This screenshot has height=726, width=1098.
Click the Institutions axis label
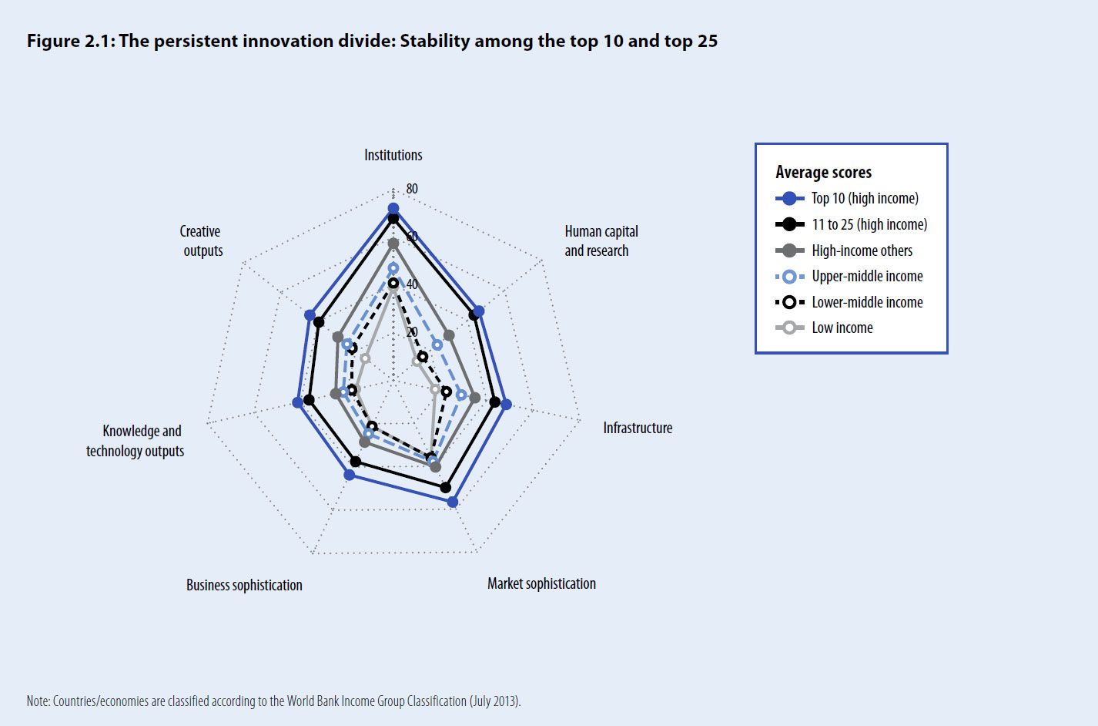click(393, 155)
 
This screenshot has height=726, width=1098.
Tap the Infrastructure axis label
click(638, 428)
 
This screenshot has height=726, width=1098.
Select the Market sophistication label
click(541, 583)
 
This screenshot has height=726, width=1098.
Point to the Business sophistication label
click(244, 585)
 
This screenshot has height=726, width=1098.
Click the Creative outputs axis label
click(202, 240)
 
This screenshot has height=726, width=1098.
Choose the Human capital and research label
click(601, 240)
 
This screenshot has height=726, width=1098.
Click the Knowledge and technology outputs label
click(136, 441)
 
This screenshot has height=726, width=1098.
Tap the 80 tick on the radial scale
click(412, 189)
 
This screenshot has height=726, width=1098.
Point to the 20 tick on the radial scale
click(412, 332)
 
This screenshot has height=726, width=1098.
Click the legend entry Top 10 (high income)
click(865, 198)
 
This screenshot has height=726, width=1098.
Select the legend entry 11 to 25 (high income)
click(869, 224)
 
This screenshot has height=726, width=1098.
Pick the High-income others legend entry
click(862, 250)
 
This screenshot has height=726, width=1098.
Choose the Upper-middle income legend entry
click(867, 276)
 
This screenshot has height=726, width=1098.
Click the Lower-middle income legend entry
click(867, 302)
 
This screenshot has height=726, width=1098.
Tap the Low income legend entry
click(842, 328)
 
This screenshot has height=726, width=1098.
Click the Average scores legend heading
click(823, 172)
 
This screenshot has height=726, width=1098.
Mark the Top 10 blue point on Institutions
click(393, 209)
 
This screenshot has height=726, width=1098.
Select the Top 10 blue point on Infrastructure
click(506, 405)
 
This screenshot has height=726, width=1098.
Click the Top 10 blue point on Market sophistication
click(453, 502)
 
